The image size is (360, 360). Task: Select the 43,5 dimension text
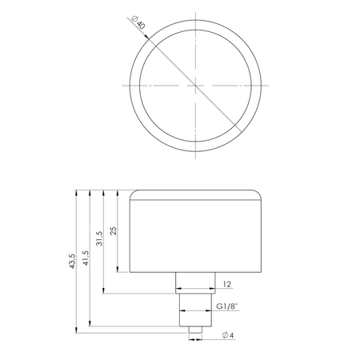pyautogui.click(x=73, y=262)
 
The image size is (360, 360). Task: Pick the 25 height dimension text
pyautogui.click(x=115, y=230)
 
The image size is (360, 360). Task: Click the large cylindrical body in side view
pyautogui.click(x=196, y=232)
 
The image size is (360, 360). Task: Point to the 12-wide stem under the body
pyautogui.click(x=196, y=282)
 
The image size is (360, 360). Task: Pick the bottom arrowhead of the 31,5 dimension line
pyautogui.click(x=106, y=290)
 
